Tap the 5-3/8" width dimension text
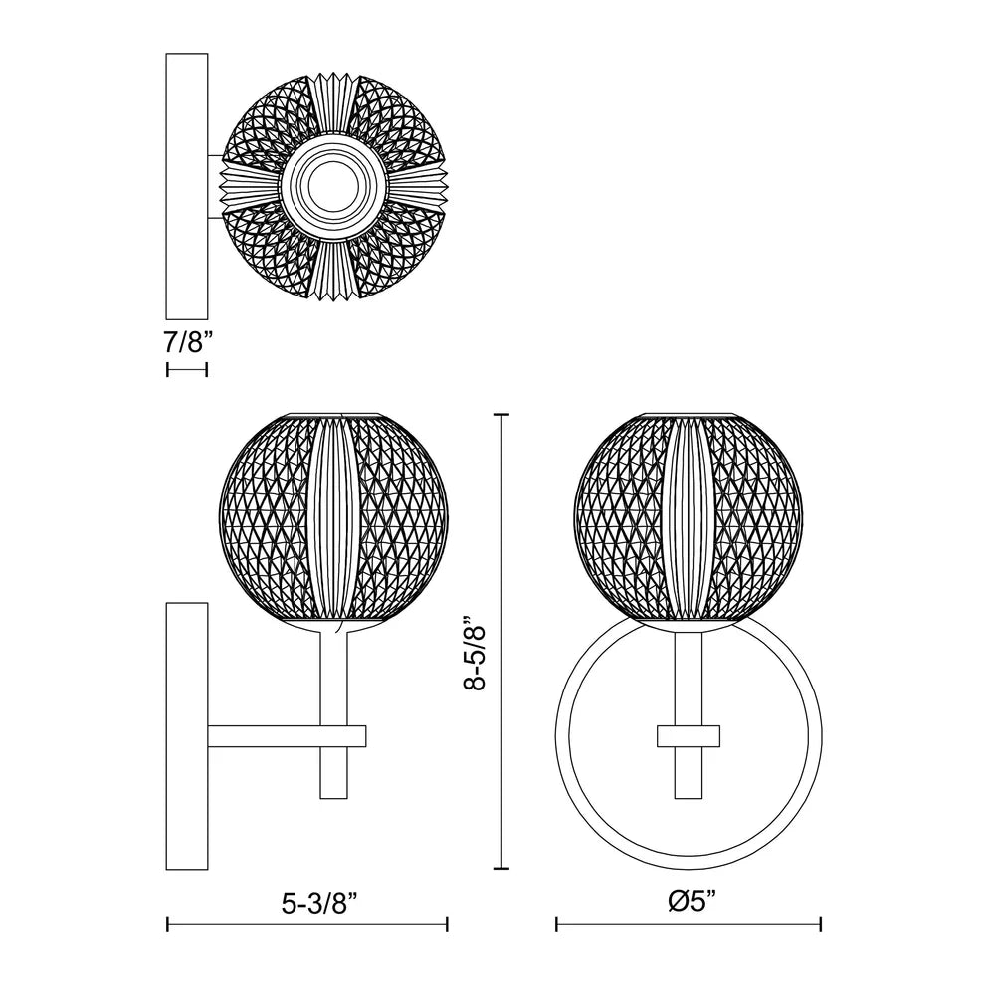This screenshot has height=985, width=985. point(319,904)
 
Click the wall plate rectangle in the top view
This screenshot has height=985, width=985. point(187,186)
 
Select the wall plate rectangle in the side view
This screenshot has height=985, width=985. point(187,736)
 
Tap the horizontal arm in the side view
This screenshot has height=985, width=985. point(288,736)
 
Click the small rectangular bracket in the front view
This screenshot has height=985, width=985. point(689,736)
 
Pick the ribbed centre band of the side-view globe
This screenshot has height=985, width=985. point(333,519)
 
